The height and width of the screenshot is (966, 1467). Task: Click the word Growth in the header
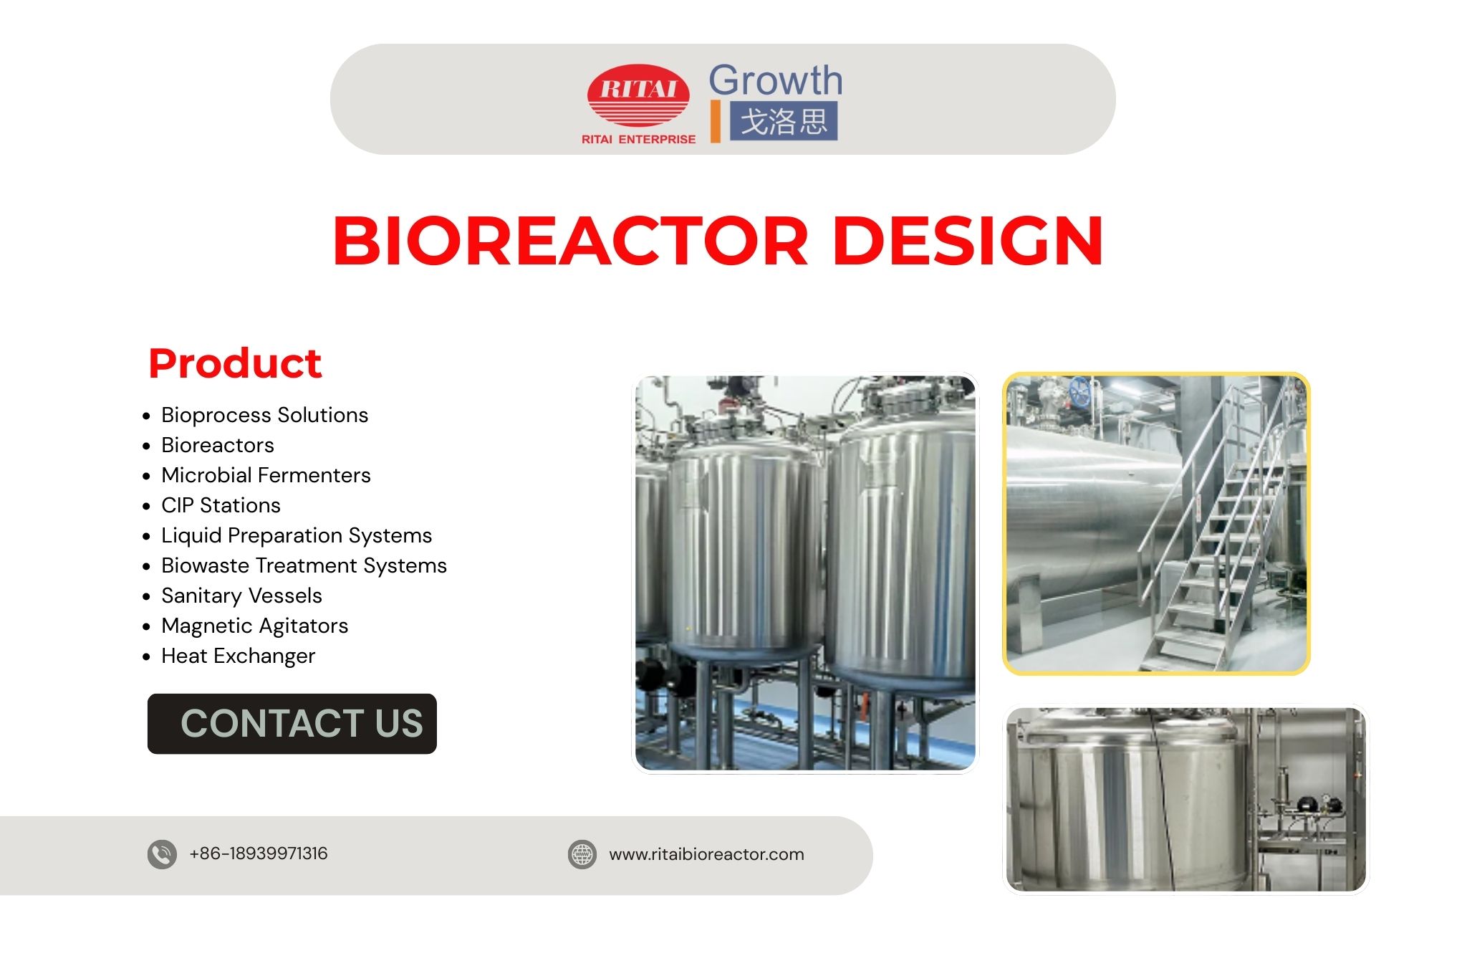click(x=775, y=80)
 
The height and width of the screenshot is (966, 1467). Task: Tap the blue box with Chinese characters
click(x=783, y=121)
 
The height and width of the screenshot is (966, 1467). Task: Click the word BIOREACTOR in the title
click(x=570, y=241)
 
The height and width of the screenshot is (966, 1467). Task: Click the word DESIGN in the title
click(x=968, y=241)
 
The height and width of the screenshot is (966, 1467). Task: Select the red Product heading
click(x=235, y=363)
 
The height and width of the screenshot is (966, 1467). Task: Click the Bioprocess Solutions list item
click(x=264, y=415)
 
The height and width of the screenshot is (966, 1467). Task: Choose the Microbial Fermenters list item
click(x=266, y=475)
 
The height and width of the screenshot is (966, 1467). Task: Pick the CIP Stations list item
click(x=221, y=505)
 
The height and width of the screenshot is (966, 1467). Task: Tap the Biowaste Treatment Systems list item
click(x=304, y=565)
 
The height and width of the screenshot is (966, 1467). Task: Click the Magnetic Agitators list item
click(x=254, y=626)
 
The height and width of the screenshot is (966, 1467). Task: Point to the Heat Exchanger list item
click(x=238, y=656)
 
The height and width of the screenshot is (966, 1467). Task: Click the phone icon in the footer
click(x=162, y=854)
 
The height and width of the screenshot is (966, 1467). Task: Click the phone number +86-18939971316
click(x=258, y=853)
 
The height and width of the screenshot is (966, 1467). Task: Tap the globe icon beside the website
click(x=582, y=854)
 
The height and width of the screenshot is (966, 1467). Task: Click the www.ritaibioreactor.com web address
click(x=706, y=854)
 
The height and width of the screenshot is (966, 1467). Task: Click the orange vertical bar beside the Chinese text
click(x=715, y=121)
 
